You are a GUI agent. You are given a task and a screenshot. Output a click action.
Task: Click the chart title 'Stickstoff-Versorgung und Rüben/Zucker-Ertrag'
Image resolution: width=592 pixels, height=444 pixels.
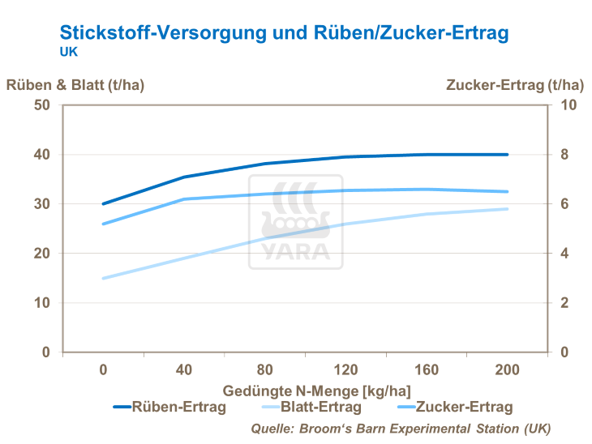[284, 32]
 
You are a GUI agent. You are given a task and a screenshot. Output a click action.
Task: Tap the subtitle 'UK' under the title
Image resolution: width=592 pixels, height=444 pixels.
[69, 51]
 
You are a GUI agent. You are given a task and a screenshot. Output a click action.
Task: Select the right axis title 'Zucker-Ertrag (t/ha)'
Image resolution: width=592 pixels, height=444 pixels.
[514, 84]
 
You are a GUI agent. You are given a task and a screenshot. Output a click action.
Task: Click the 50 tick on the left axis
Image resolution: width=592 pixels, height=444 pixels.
[42, 105]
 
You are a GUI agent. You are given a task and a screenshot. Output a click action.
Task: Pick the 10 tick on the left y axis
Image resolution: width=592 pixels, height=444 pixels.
[42, 303]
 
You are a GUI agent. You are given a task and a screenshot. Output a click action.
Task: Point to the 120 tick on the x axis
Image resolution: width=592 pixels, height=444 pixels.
[346, 370]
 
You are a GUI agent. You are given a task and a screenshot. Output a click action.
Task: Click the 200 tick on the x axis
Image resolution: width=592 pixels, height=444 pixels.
[508, 370]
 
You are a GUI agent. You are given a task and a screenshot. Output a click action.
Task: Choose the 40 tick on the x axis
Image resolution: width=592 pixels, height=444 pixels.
[184, 370]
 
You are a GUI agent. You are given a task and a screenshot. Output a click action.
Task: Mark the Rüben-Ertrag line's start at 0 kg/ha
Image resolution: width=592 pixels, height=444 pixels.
[103, 204]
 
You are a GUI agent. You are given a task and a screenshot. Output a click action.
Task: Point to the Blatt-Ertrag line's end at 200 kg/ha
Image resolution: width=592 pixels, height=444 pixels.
[508, 209]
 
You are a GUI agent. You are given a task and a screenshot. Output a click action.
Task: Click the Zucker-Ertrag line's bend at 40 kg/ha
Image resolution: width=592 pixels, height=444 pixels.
[184, 199]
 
